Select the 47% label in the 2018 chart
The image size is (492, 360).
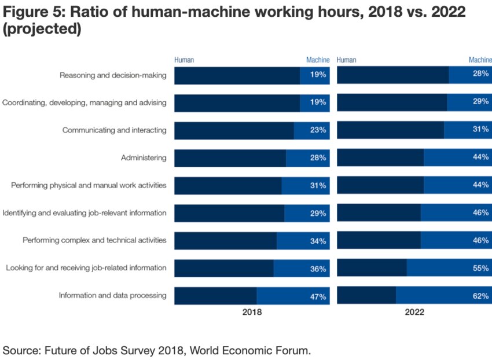318,296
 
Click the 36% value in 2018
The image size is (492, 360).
318,269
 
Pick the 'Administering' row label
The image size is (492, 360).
144,157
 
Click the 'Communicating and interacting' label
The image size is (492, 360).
114,130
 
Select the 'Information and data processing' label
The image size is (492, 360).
112,295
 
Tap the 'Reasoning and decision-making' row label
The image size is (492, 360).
113,75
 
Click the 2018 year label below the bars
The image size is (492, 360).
252,312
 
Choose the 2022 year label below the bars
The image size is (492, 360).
414,312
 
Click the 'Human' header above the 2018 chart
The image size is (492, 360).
184,60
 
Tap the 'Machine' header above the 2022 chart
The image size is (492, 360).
480,60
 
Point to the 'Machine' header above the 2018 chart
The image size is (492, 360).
318,60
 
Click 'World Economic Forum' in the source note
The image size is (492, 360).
255,350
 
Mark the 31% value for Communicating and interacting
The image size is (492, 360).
480,130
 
